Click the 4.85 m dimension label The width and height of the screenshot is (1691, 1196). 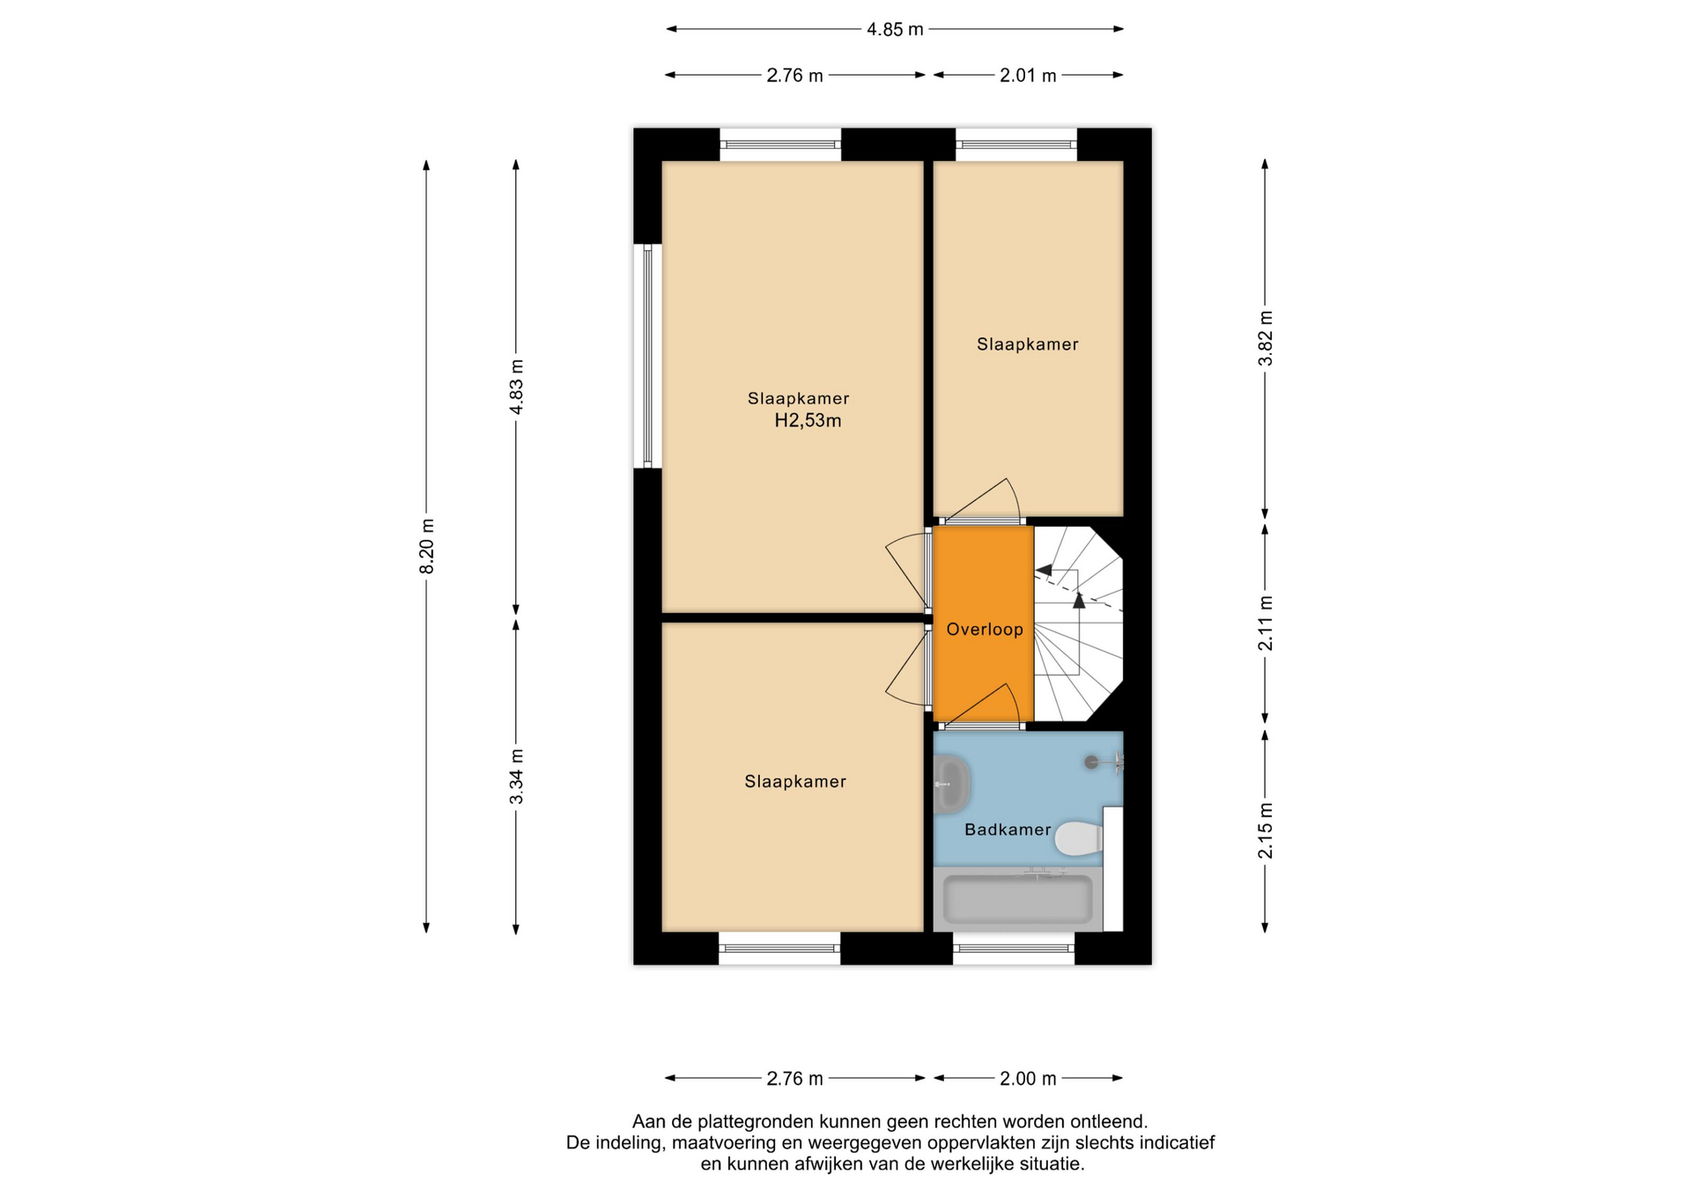pos(895,29)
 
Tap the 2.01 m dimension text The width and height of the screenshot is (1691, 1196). pos(1028,76)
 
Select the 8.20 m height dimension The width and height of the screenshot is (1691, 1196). pos(427,546)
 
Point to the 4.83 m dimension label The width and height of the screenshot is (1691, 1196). pos(517,387)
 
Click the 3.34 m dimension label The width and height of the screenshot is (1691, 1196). pos(517,776)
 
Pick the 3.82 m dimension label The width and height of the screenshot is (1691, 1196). pos(1266,338)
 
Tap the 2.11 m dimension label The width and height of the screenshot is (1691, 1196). pos(1266,624)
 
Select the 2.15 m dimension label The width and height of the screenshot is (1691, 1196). pos(1266,831)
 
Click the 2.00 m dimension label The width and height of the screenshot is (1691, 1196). pos(1028,1079)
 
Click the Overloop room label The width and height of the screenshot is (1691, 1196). pos(985,630)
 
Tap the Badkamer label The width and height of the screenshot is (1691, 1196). pos(1008,830)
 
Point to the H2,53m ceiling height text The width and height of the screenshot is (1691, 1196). pos(808,421)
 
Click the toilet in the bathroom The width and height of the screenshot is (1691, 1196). pos(1079,838)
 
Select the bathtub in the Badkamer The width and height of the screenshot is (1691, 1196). pos(1018,899)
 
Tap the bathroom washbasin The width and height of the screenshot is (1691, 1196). pos(951,784)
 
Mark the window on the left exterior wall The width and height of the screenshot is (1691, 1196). pos(647,356)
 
